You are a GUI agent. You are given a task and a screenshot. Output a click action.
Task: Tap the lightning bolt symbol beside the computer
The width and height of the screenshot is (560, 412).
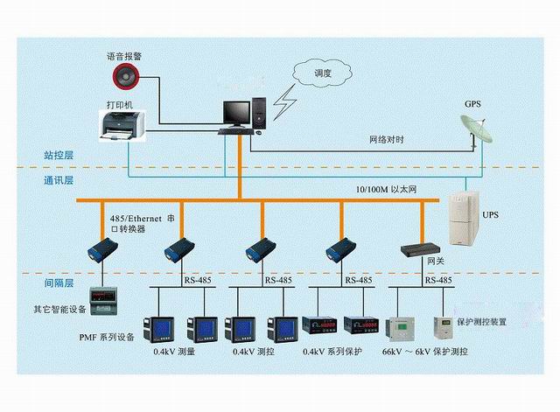click(x=285, y=103)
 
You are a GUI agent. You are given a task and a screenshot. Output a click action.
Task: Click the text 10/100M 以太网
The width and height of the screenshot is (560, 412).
click(x=387, y=190)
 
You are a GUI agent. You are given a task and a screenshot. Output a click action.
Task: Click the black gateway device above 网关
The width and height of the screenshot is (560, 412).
click(x=420, y=249)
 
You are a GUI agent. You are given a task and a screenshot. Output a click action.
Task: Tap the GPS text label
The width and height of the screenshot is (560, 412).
click(x=472, y=103)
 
